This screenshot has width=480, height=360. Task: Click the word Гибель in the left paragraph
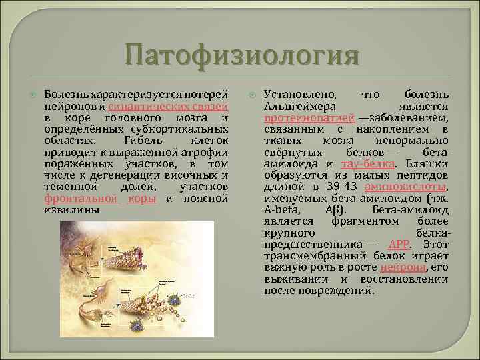coord(141,141)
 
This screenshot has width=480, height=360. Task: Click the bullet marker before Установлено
coord(254,95)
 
